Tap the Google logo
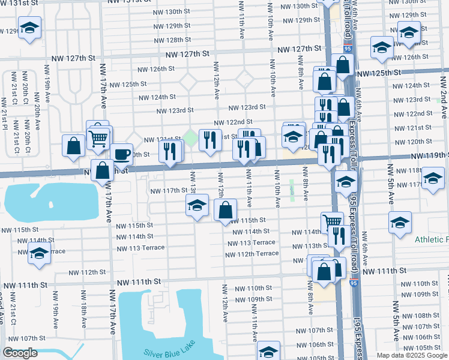[x=20, y=353]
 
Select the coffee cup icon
[x=121, y=154]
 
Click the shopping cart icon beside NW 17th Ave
[x=98, y=138]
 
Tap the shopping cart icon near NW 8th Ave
[x=331, y=222]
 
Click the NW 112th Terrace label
[x=252, y=254]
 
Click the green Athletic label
[x=431, y=239]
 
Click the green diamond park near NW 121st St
[x=191, y=139]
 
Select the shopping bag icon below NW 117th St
[x=225, y=210]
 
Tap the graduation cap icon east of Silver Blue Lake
[x=268, y=350]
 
